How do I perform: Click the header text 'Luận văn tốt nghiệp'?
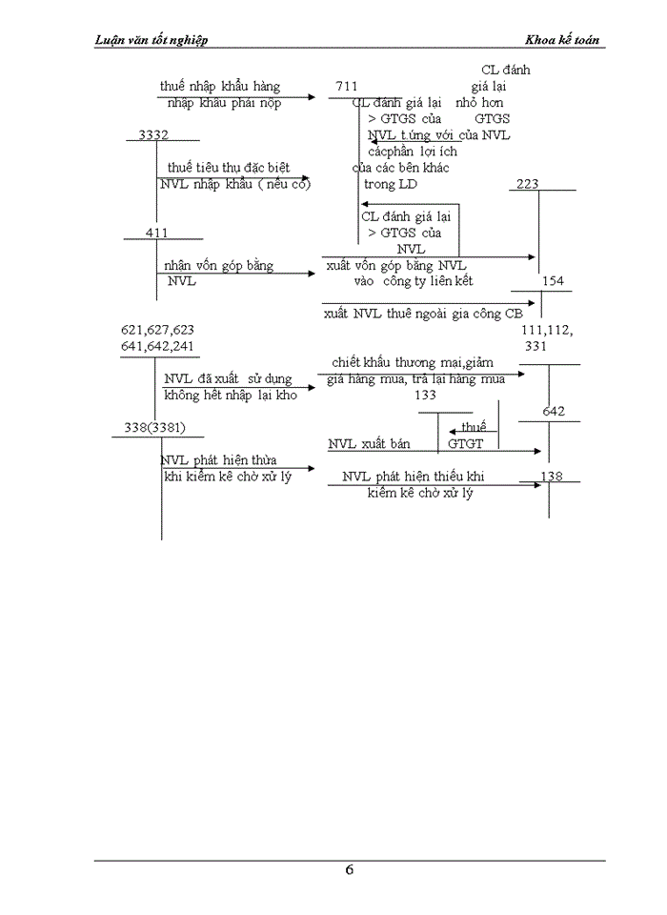pyautogui.click(x=152, y=40)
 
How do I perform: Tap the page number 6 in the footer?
pyautogui.click(x=350, y=869)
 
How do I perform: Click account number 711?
pyautogui.click(x=347, y=87)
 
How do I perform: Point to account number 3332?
pyautogui.click(x=153, y=135)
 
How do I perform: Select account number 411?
pyautogui.click(x=157, y=234)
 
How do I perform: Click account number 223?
pyautogui.click(x=528, y=184)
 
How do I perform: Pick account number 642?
pyautogui.click(x=554, y=412)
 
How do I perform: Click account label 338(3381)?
pyautogui.click(x=155, y=426)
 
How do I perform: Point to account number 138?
pyautogui.click(x=552, y=477)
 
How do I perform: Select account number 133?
pyautogui.click(x=426, y=396)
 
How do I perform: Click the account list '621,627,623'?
pyautogui.click(x=158, y=330)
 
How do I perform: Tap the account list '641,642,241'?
pyautogui.click(x=158, y=346)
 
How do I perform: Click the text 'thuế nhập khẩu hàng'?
pyautogui.click(x=220, y=87)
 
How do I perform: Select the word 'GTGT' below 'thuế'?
pyautogui.click(x=466, y=444)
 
